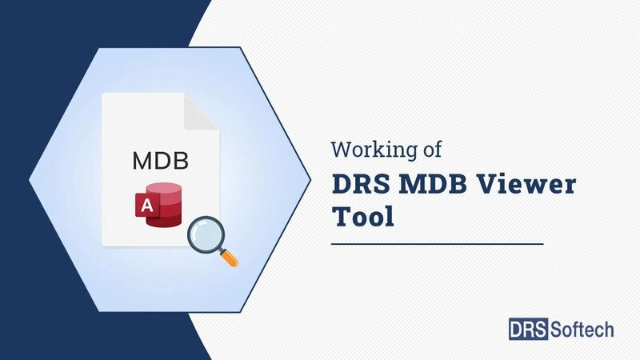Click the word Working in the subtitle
[376, 150]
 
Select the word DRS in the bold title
[362, 186]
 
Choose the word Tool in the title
[363, 217]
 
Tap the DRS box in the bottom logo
[528, 328]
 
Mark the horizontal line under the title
[437, 243]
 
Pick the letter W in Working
[342, 150]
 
